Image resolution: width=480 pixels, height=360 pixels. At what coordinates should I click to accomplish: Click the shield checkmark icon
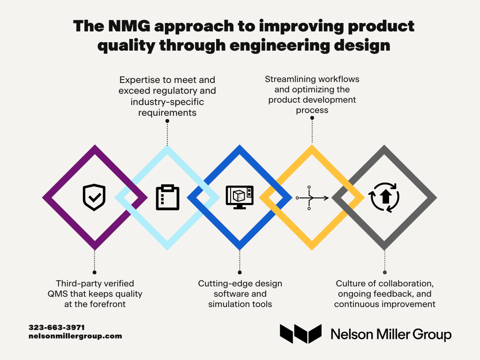[94, 197]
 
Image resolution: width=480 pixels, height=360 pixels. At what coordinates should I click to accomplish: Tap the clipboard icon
[167, 197]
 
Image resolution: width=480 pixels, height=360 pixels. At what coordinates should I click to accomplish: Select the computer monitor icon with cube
[240, 197]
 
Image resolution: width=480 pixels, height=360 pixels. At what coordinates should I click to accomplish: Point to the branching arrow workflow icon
[312, 198]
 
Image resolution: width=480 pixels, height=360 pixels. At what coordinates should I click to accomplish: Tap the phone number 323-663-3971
[57, 327]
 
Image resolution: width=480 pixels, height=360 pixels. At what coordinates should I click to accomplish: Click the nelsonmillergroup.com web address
[75, 336]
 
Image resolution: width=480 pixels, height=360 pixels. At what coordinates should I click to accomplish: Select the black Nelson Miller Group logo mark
[300, 334]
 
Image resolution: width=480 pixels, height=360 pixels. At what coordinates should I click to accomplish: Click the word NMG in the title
[129, 26]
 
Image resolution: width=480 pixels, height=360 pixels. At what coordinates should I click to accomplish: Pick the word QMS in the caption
[58, 294]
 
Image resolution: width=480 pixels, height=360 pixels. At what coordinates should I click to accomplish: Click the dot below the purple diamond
[95, 272]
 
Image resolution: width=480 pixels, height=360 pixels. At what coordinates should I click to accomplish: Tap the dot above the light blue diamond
[167, 121]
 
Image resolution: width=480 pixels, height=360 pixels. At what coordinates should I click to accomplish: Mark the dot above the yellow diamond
[312, 118]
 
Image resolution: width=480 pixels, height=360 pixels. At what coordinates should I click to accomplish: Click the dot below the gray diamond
[385, 272]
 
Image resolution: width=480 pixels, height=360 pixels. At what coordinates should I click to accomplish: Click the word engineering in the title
[279, 45]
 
